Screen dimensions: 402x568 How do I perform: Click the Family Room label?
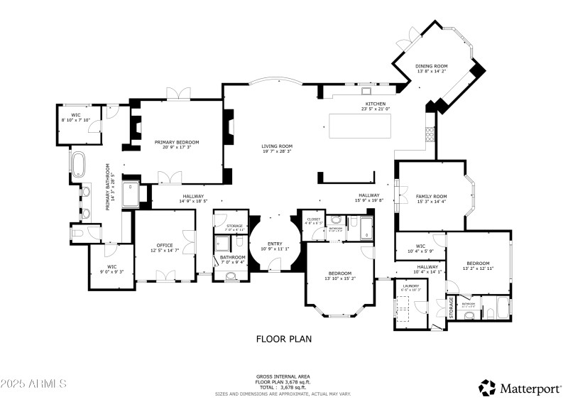tap(431, 198)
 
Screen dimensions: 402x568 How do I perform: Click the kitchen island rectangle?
tap(359, 126)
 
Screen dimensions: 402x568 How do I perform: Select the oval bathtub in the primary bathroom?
tap(77, 163)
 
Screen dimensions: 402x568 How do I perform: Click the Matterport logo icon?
tap(487, 388)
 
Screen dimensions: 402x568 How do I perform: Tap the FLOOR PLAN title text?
tap(283, 339)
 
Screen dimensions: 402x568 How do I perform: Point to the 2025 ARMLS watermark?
tap(33, 384)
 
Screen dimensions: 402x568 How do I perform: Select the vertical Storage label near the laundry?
tap(451, 307)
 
